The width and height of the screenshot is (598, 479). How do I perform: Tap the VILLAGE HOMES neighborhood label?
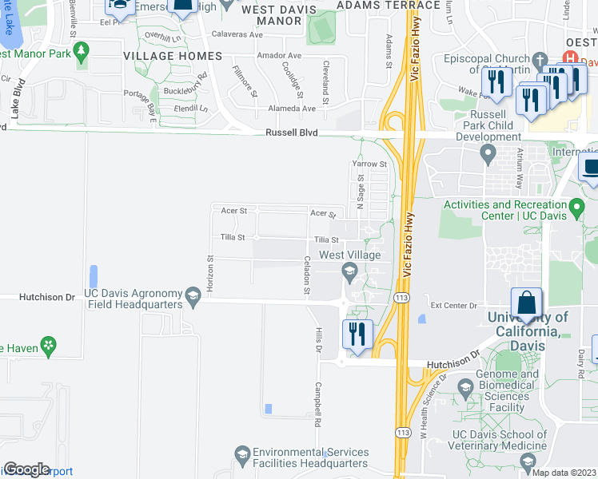point(173,56)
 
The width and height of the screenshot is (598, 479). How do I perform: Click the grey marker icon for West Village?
point(349,271)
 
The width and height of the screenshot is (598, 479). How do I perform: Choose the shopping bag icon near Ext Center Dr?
point(526,304)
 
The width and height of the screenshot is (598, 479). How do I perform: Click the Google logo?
point(26,469)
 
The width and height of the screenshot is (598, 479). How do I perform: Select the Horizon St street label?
point(211,274)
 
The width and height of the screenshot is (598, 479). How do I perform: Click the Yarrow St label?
point(369,164)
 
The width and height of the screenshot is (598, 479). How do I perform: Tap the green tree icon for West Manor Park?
point(81,52)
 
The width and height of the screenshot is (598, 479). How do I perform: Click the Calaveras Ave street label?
point(237,35)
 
